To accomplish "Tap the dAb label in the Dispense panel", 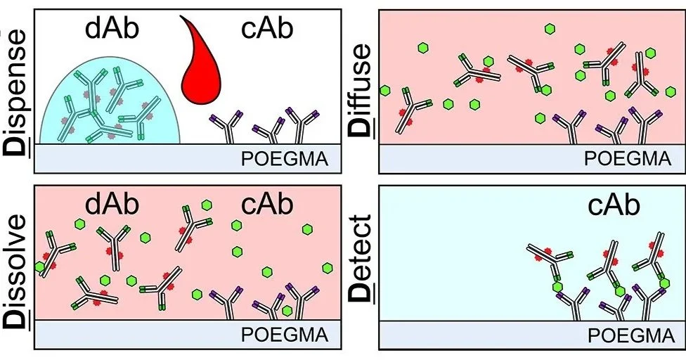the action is [x=112, y=30].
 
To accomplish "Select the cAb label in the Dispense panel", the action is [x=267, y=30].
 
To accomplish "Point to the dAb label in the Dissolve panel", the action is [x=112, y=205].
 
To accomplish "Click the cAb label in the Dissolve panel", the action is [x=267, y=205].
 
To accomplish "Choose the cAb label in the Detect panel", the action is [x=614, y=205].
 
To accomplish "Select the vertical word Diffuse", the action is [x=361, y=91].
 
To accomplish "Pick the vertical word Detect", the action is [x=361, y=258].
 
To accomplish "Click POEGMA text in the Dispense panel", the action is [x=285, y=160].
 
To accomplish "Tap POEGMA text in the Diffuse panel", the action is [x=628, y=159].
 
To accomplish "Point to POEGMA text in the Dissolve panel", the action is [x=285, y=335].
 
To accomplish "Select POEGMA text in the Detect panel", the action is [x=631, y=336].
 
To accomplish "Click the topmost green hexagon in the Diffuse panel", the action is [x=550, y=30].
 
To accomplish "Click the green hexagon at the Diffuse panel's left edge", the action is [x=385, y=91].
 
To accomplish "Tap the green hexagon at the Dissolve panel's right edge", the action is [x=328, y=268].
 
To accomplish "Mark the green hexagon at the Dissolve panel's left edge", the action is [x=39, y=266].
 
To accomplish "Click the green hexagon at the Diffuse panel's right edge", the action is [x=671, y=92].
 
